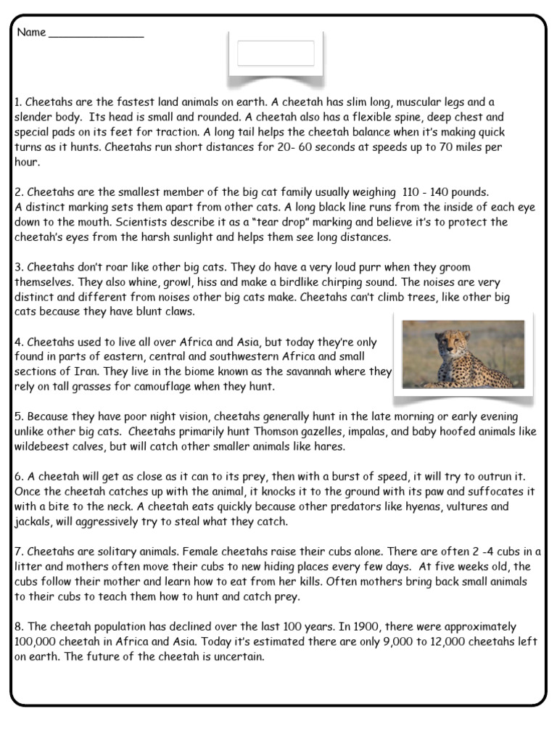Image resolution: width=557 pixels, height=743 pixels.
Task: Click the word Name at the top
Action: pyautogui.click(x=30, y=33)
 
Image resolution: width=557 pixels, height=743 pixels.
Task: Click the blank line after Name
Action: pyautogui.click(x=96, y=35)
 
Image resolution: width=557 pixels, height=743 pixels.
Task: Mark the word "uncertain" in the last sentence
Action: pyautogui.click(x=238, y=657)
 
